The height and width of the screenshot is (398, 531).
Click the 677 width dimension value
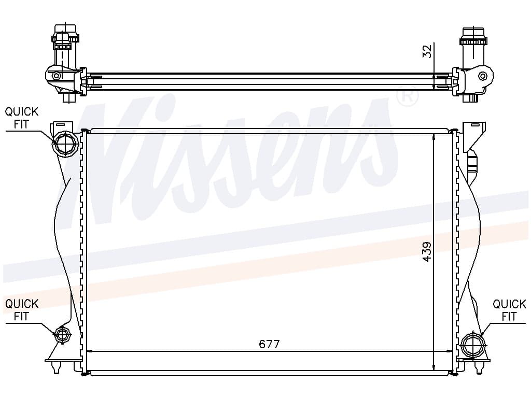pyautogui.click(x=269, y=344)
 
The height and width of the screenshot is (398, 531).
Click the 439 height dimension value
pyautogui.click(x=427, y=251)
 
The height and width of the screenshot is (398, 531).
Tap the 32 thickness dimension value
pyautogui.click(x=428, y=51)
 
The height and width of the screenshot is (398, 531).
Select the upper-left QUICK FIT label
pyautogui.click(x=21, y=118)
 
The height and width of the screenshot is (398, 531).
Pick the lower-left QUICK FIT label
pyautogui.click(x=21, y=310)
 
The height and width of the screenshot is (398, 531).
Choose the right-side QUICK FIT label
pyautogui.click(x=509, y=310)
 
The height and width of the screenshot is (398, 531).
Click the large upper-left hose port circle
pyautogui.click(x=65, y=144)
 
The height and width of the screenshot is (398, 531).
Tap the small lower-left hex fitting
pyautogui.click(x=62, y=335)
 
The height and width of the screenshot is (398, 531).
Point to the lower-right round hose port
pyautogui.click(x=473, y=345)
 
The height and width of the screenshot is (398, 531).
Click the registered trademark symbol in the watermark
pyautogui.click(x=407, y=96)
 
